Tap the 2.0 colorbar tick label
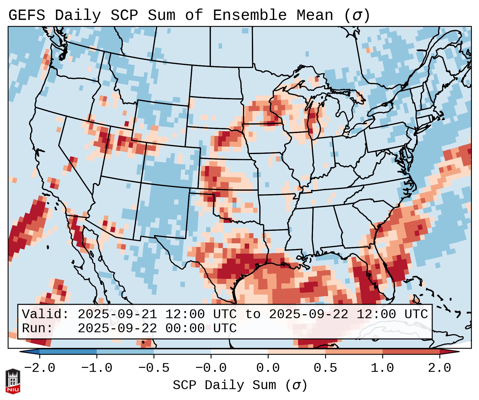tap(439, 368)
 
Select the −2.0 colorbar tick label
tap(40, 368)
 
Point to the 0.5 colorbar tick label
tap(325, 368)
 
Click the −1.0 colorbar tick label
tap(97, 368)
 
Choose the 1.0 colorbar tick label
tap(382, 368)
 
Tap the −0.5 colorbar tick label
tap(154, 368)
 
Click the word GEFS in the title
tap(27, 15)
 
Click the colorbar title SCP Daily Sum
tap(224, 385)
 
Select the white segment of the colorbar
tap(239, 352)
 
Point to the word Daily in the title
tap(78, 15)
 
